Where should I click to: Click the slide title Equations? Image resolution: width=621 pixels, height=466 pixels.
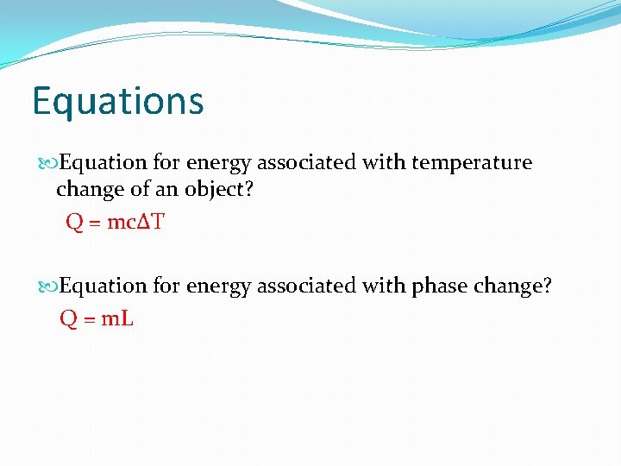tap(118, 101)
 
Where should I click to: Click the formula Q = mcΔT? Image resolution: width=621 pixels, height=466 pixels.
tap(115, 223)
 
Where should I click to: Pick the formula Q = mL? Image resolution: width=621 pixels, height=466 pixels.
tap(97, 318)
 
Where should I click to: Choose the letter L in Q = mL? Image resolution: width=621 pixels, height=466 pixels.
tap(128, 318)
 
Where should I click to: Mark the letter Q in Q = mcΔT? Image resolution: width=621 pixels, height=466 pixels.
tap(75, 223)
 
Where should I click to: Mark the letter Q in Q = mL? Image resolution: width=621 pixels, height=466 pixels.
tap(68, 318)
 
